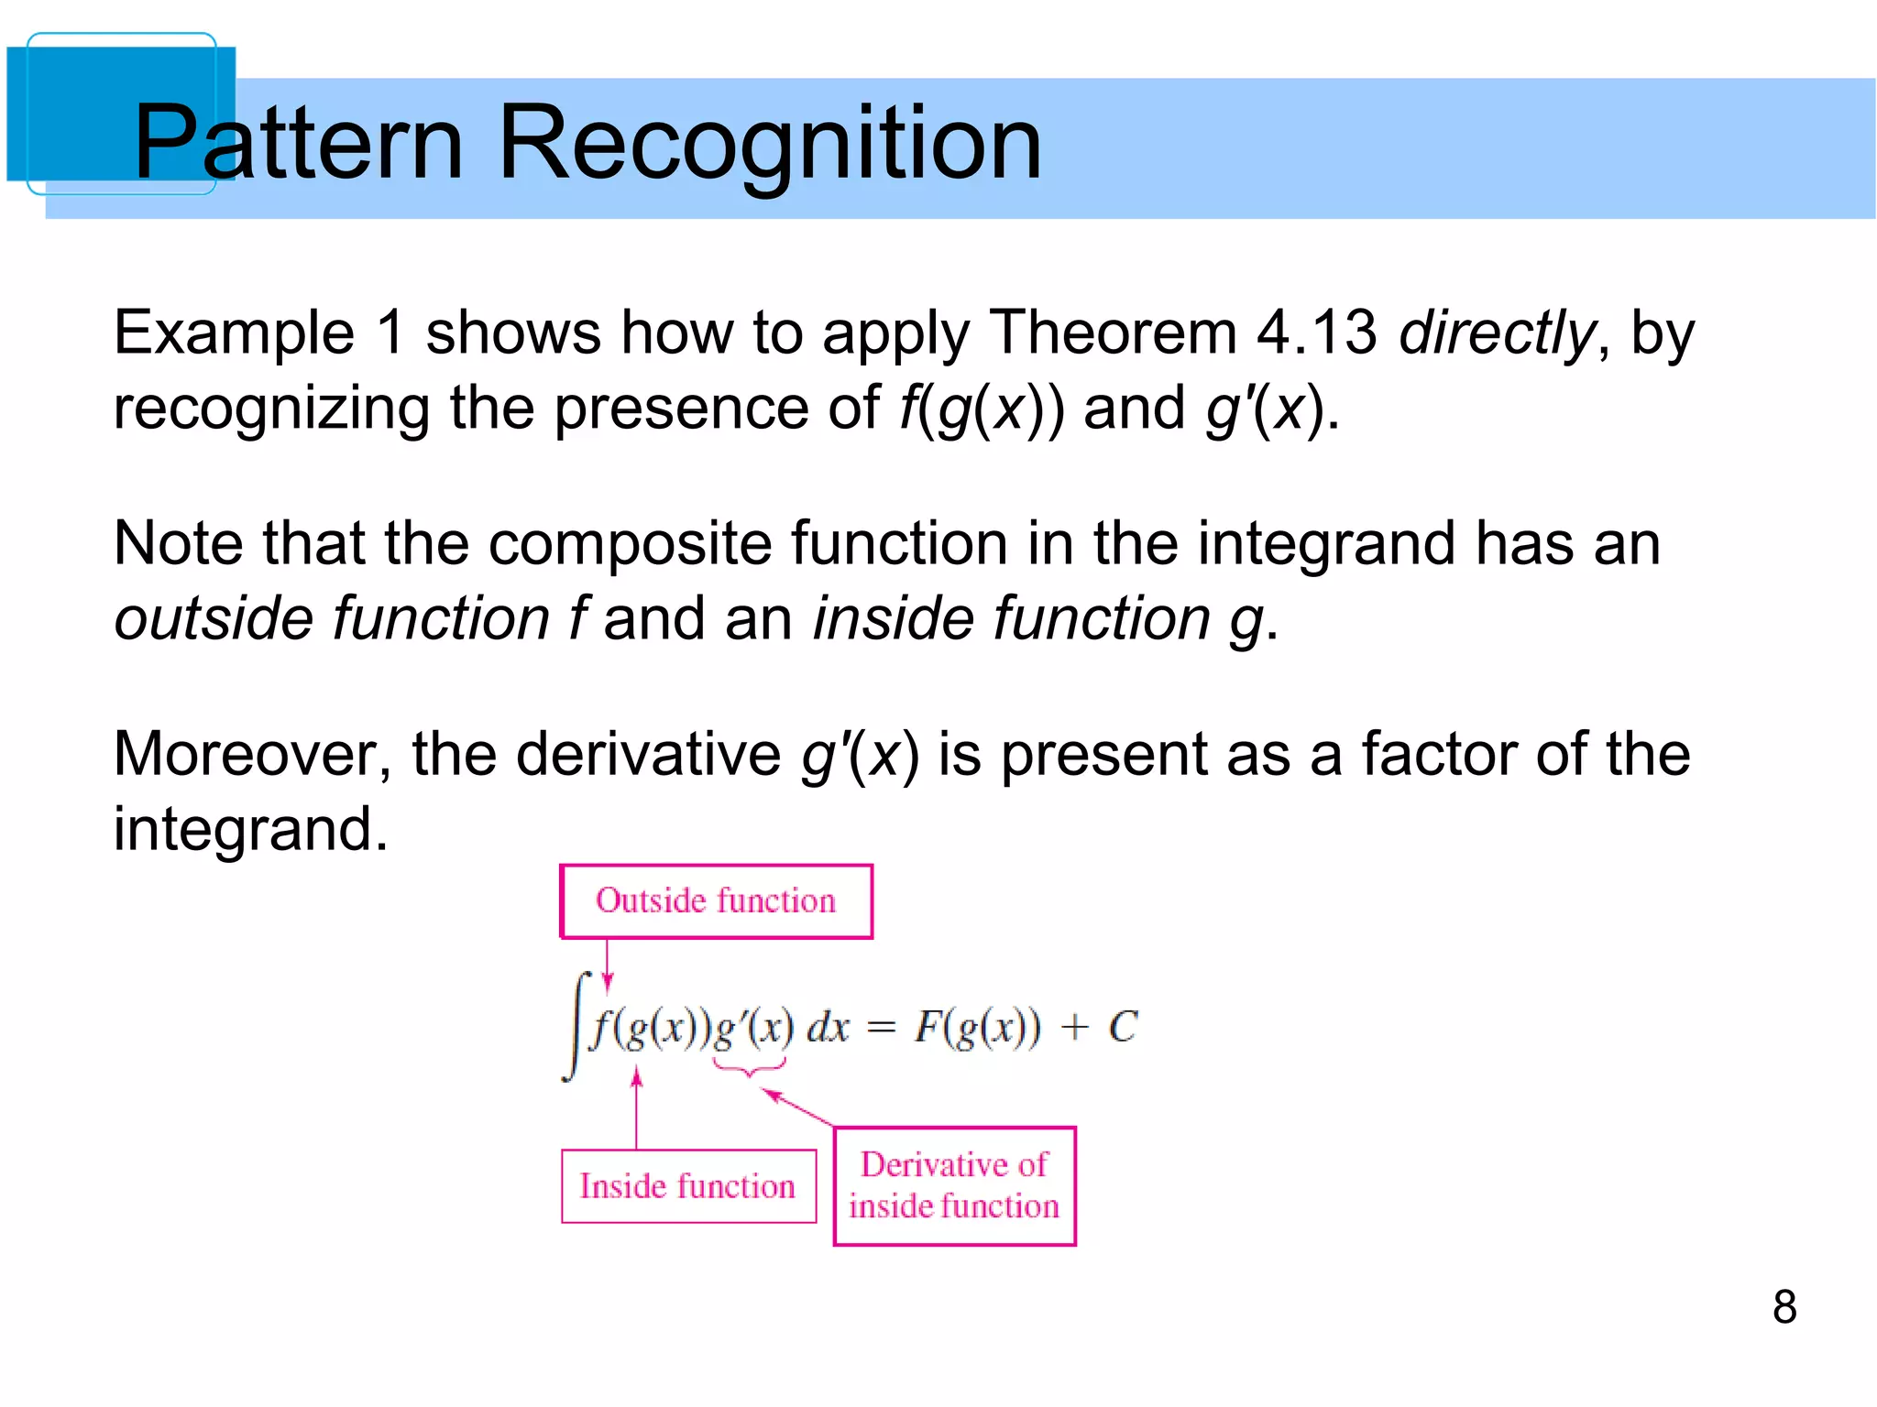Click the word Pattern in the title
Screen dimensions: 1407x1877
coord(298,143)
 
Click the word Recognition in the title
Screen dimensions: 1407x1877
coord(769,143)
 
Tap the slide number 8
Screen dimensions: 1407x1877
coord(1784,1306)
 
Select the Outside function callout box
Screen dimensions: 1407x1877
coord(716,901)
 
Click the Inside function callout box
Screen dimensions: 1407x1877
coord(688,1186)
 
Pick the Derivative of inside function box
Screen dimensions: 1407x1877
coord(954,1186)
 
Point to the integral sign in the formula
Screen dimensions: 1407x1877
coord(576,1026)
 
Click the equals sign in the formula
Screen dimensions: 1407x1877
coord(880,1029)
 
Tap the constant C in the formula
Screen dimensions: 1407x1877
coord(1122,1027)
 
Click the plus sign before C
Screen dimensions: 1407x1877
coord(1073,1028)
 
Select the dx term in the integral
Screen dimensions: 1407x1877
coord(828,1028)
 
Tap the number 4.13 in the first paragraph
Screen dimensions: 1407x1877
coord(1316,332)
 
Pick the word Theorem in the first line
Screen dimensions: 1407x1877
coord(1114,332)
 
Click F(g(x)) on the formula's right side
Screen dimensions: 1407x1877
coord(977,1028)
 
